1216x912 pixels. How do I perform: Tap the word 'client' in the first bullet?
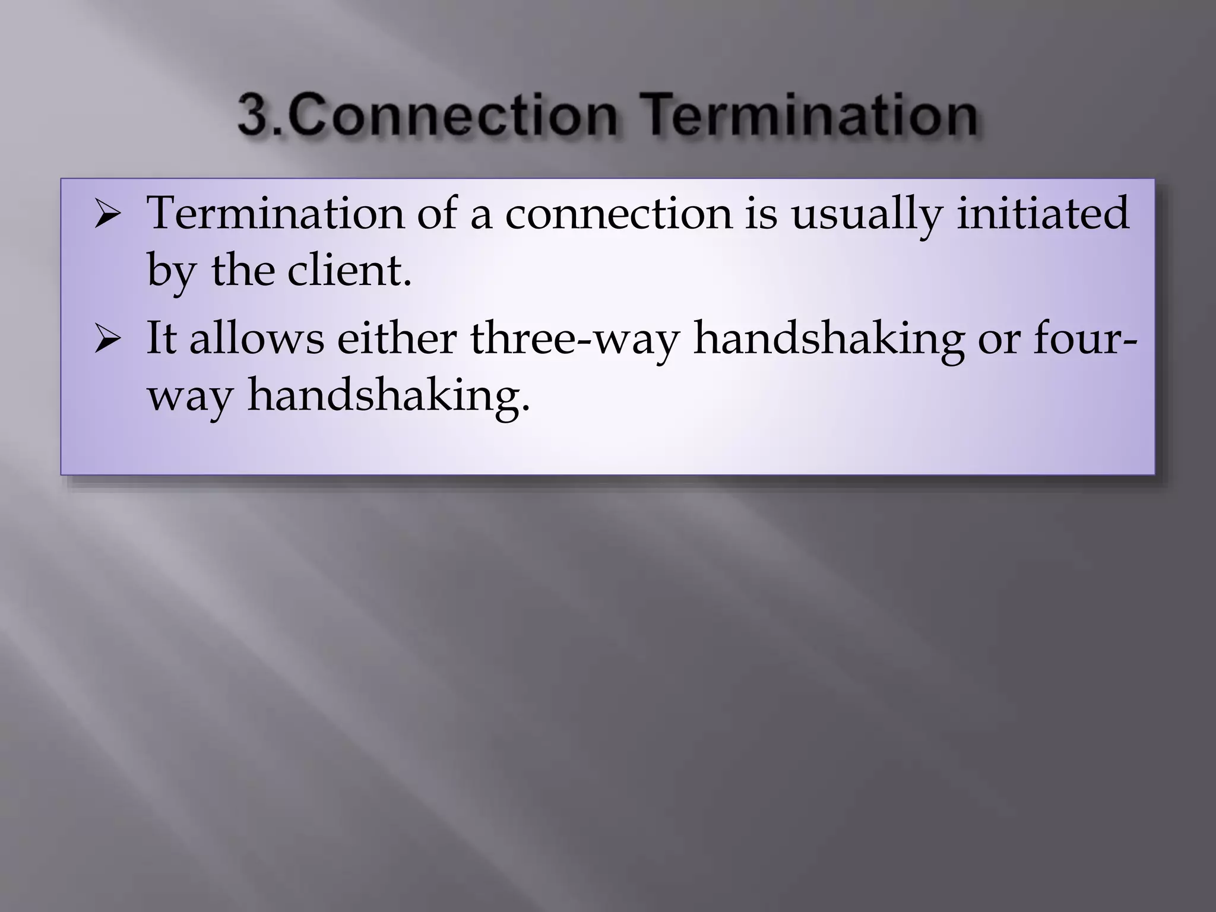344,270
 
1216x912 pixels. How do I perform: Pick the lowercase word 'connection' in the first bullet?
618,214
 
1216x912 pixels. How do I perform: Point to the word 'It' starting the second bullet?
161,338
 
